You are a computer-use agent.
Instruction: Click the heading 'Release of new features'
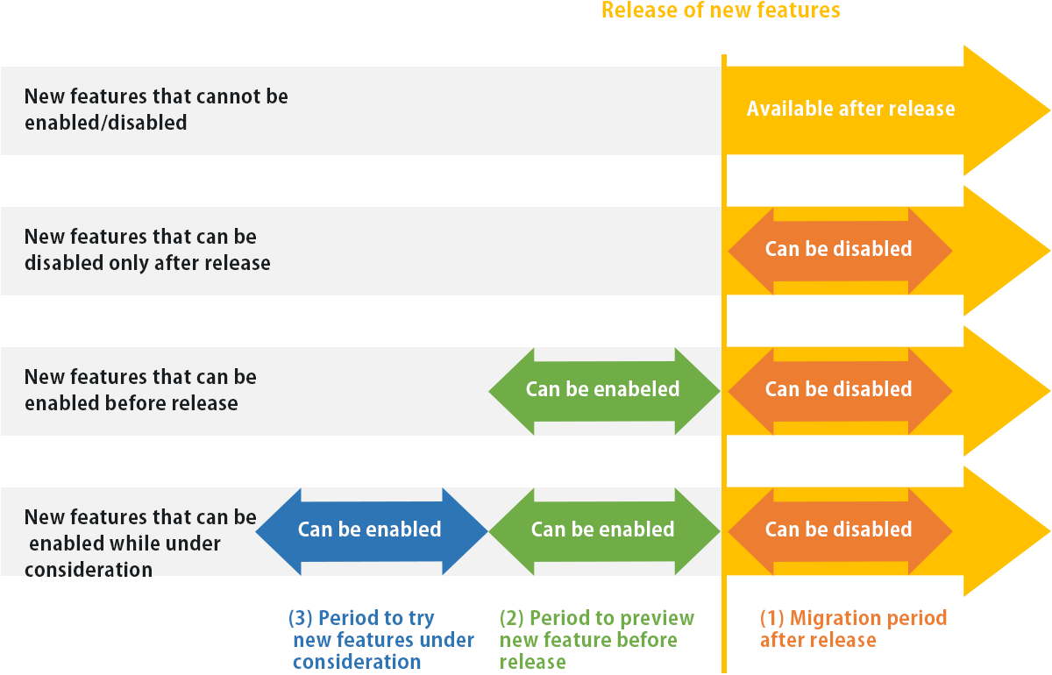(x=721, y=11)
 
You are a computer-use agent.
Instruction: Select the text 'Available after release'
(x=850, y=109)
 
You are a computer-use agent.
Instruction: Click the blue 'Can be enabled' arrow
(x=369, y=529)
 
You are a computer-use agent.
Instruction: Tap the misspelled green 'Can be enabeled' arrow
(x=603, y=389)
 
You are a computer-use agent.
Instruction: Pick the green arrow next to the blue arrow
(x=603, y=529)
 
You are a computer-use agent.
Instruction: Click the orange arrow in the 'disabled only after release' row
(x=839, y=249)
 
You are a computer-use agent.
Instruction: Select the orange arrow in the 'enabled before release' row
(x=839, y=389)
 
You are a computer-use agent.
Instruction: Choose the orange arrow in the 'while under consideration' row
(x=839, y=529)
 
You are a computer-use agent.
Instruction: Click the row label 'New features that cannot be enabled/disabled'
(x=156, y=109)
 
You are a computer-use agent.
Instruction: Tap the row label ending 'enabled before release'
(x=140, y=390)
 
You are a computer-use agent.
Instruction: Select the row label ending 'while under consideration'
(x=140, y=544)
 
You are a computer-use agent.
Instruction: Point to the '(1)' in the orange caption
(x=772, y=618)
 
